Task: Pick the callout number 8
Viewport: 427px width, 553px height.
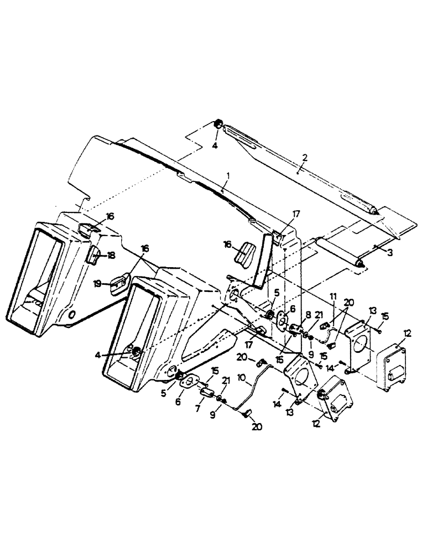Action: (308, 314)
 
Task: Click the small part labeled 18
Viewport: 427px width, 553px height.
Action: (94, 256)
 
